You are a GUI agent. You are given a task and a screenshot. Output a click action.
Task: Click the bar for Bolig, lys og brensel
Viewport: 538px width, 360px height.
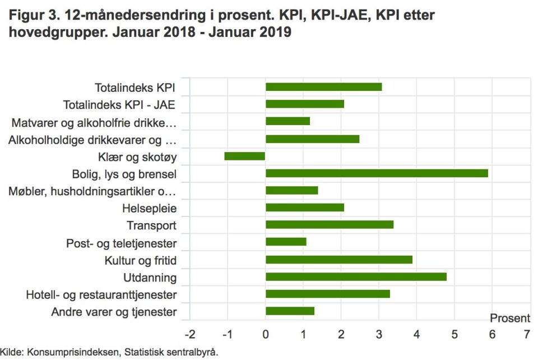(x=377, y=173)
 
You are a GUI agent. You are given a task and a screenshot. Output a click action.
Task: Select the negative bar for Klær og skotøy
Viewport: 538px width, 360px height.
(x=245, y=156)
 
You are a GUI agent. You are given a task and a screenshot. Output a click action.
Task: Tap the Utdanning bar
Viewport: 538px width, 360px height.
(x=356, y=277)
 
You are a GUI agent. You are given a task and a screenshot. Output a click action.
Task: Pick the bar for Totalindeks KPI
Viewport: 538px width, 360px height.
(x=323, y=87)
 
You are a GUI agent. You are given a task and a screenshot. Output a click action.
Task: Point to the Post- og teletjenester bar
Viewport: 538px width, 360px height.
(x=286, y=242)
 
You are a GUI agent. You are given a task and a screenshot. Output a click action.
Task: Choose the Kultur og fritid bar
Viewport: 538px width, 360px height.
(x=338, y=260)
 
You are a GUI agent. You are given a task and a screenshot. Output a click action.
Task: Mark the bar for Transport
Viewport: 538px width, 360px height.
(x=330, y=225)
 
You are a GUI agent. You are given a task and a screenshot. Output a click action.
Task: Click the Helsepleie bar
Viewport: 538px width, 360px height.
(x=304, y=208)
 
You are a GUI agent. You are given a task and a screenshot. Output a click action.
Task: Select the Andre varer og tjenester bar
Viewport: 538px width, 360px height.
(x=290, y=311)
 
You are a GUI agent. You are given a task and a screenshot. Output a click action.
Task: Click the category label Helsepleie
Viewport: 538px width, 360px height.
(x=149, y=209)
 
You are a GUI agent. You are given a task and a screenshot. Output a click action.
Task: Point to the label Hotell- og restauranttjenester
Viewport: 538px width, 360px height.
(x=101, y=295)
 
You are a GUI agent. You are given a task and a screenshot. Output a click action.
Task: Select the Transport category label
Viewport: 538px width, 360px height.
(x=151, y=225)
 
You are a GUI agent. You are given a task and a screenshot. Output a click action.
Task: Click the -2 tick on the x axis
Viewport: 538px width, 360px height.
(x=190, y=335)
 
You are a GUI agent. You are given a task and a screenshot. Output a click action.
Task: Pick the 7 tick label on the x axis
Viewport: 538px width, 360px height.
(x=527, y=335)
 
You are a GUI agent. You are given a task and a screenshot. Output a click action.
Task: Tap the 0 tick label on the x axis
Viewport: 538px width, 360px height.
(x=266, y=335)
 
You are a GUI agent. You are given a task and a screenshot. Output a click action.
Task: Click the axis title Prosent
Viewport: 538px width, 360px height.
(x=510, y=319)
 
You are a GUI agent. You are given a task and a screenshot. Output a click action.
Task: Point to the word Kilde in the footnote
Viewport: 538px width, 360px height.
(x=11, y=353)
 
